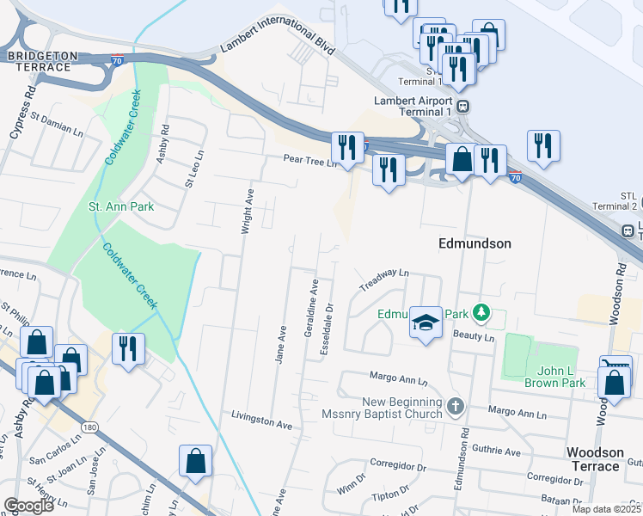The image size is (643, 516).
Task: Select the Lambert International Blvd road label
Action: pos(277,40)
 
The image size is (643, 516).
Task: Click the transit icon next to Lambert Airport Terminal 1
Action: pos(463,106)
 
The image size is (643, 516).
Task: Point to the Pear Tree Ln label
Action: pos(311,159)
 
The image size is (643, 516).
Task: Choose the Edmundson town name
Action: pos(475,243)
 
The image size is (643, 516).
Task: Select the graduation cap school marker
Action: pos(426,322)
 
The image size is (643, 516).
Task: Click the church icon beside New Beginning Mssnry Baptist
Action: pos(456,404)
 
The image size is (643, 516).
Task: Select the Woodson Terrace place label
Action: pos(604,459)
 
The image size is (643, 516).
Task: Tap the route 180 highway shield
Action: pos(88,427)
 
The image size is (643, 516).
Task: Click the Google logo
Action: pos(29,505)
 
